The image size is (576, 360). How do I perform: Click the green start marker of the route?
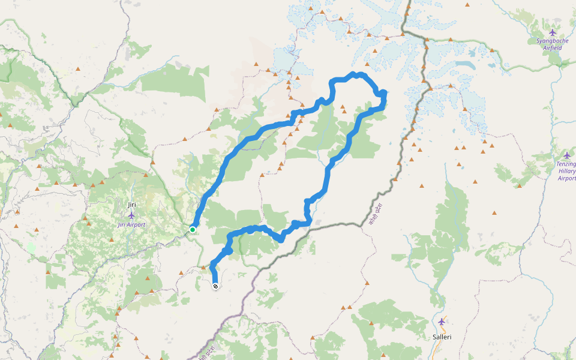(193, 229)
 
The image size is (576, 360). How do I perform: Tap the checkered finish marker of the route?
(215, 286)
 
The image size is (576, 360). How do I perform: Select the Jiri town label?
(131, 205)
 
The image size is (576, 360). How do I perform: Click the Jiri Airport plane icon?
(131, 215)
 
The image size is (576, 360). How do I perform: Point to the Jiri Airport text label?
(131, 224)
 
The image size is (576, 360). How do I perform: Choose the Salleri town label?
(442, 337)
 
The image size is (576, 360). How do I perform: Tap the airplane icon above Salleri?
(442, 322)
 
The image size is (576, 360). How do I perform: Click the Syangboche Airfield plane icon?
(553, 32)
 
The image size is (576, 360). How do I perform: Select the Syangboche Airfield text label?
(552, 44)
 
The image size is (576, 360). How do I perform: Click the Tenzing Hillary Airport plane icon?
(566, 155)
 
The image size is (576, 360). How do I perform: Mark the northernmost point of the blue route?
(355, 74)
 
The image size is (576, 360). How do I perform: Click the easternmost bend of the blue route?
(383, 93)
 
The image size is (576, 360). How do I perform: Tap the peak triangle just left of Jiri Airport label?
(88, 223)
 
